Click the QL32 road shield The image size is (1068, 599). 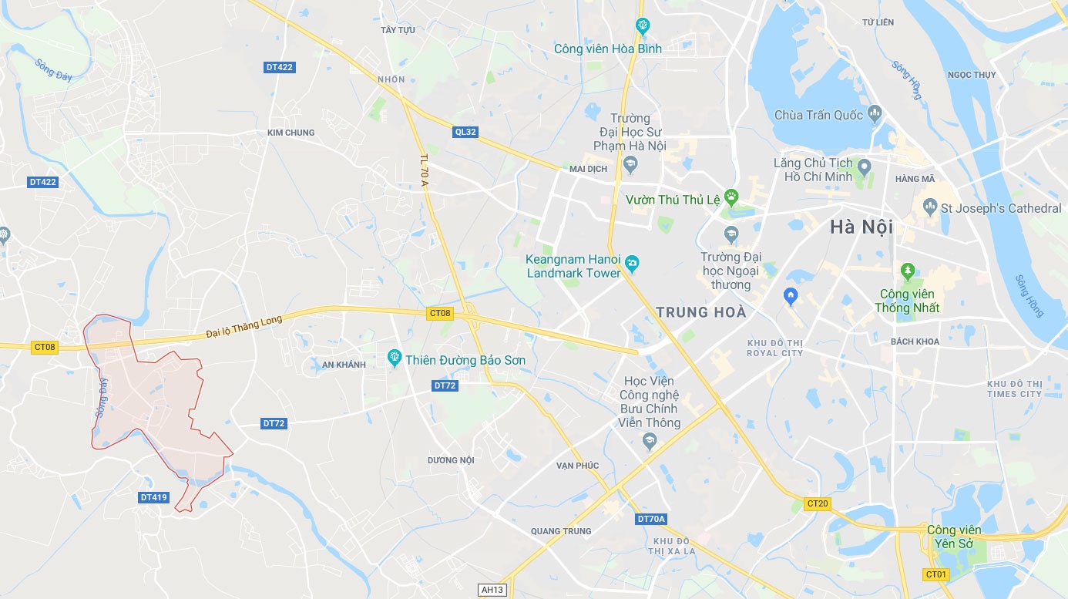coord(465,132)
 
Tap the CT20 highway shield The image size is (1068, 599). coord(817,503)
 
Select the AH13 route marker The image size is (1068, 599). coord(492,590)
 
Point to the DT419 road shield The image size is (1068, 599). coord(154,497)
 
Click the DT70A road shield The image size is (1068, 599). coord(651,519)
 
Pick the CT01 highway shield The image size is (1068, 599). coord(935,574)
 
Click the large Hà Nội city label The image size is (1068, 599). coord(861,227)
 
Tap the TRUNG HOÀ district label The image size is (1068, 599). coord(700,312)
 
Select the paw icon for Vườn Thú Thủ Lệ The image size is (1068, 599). coord(731,197)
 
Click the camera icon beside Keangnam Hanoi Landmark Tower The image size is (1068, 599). coord(632,263)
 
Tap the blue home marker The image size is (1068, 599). coord(790,294)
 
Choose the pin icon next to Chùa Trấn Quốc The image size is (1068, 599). coord(874,115)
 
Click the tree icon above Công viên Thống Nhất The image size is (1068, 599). coord(908,271)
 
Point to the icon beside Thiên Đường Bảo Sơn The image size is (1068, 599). coord(395,357)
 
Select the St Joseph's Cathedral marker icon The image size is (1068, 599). coord(930,207)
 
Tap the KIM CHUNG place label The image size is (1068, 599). coord(291,133)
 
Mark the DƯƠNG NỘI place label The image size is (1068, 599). coord(451,460)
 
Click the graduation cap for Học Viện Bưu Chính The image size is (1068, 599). coord(649,441)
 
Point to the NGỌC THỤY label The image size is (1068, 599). coord(972,75)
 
